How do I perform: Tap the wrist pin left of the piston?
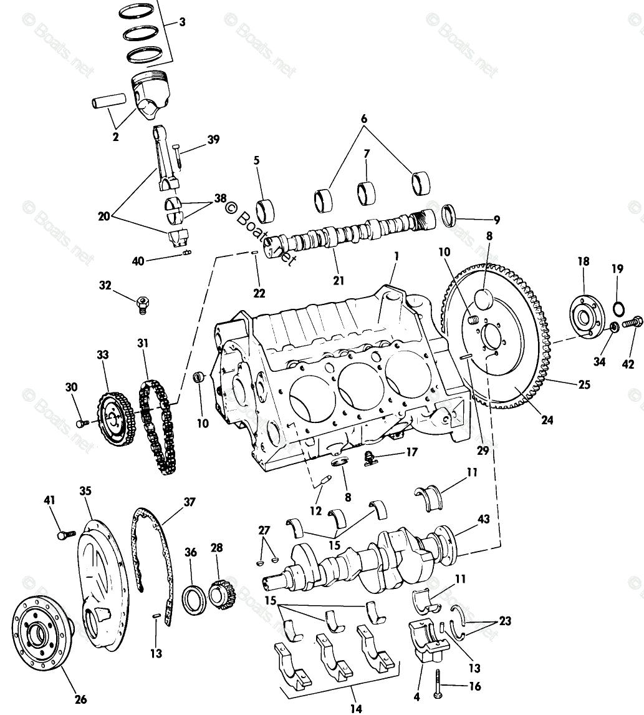point(110,100)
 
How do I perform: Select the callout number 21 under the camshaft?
point(338,280)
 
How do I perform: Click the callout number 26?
point(81,699)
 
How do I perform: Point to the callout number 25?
point(583,384)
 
